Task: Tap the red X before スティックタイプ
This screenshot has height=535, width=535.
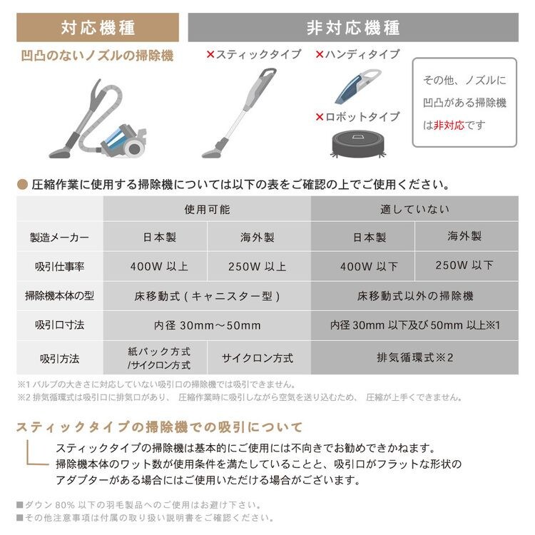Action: click(210, 54)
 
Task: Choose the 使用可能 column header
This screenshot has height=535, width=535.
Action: click(207, 210)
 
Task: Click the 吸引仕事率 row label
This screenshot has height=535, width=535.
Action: click(60, 267)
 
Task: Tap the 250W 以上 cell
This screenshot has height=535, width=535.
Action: click(258, 267)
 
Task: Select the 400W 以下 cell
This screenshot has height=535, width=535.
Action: click(364, 267)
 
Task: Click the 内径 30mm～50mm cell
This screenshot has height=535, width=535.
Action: click(207, 325)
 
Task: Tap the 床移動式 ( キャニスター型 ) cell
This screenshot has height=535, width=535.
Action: click(207, 295)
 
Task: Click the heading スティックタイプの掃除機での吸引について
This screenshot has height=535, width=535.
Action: click(160, 427)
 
